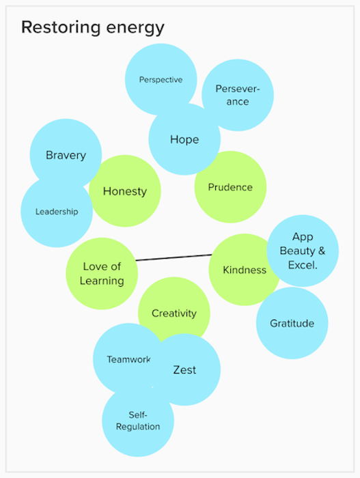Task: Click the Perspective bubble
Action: pyautogui.click(x=161, y=79)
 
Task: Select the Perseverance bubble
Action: pyautogui.click(x=238, y=95)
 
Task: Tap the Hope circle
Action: pyautogui.click(x=184, y=139)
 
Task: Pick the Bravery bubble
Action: pyautogui.click(x=66, y=155)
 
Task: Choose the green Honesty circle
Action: pyautogui.click(x=125, y=191)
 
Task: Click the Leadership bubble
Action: pyautogui.click(x=57, y=211)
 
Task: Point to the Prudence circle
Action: pyautogui.click(x=230, y=187)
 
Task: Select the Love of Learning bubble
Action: pyautogui.click(x=102, y=273)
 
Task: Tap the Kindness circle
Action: pyautogui.click(x=245, y=270)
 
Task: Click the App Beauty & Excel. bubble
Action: pyautogui.click(x=303, y=251)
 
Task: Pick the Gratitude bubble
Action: pyautogui.click(x=292, y=323)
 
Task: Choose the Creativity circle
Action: pyautogui.click(x=174, y=313)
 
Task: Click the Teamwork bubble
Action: pyautogui.click(x=128, y=359)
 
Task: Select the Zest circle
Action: pyautogui.click(x=184, y=369)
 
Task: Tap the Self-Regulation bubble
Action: pyautogui.click(x=138, y=421)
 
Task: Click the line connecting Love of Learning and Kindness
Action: pyautogui.click(x=174, y=257)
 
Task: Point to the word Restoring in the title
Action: pyautogui.click(x=61, y=27)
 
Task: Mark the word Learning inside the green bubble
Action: pyautogui.click(x=102, y=281)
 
